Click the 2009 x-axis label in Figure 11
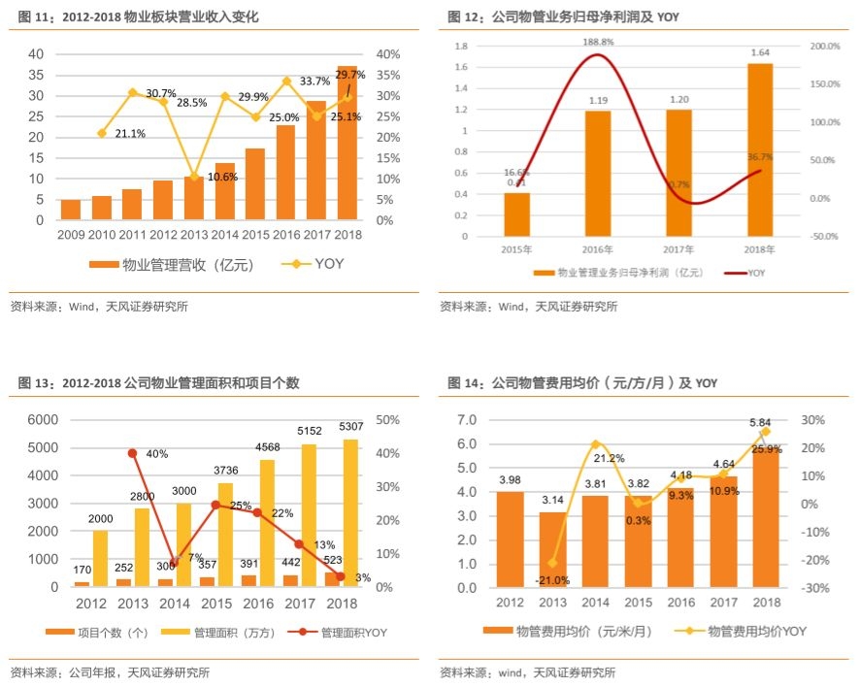[71, 235]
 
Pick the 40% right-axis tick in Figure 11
[385, 54]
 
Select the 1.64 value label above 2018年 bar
[760, 52]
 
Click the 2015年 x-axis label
[516, 248]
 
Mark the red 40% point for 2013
[131, 453]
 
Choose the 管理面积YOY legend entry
[346, 633]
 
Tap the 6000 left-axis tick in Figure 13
[42, 420]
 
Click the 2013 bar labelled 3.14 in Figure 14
[551, 549]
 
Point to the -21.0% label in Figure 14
[552, 580]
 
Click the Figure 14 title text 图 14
[464, 383]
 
